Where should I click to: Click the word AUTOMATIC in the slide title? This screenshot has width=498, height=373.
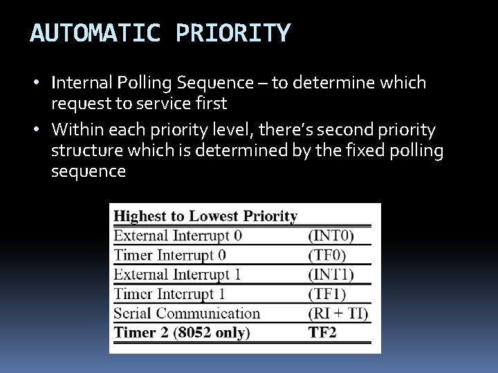pyautogui.click(x=94, y=32)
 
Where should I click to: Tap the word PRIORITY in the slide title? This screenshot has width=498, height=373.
pyautogui.click(x=234, y=32)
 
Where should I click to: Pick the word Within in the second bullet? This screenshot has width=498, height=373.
pyautogui.click(x=75, y=128)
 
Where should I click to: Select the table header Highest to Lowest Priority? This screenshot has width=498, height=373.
pyautogui.click(x=205, y=216)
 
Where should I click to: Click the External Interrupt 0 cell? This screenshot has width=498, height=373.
pyautogui.click(x=178, y=236)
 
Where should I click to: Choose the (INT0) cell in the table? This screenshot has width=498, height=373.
pyautogui.click(x=331, y=236)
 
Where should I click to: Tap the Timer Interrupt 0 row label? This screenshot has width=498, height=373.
pyautogui.click(x=169, y=255)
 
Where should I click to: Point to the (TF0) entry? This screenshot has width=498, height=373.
pyautogui.click(x=327, y=255)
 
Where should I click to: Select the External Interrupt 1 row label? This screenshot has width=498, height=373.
pyautogui.click(x=178, y=274)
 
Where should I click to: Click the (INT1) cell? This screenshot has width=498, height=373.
pyautogui.click(x=331, y=274)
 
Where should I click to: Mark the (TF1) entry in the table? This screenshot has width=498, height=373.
pyautogui.click(x=327, y=294)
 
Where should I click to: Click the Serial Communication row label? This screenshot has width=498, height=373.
pyautogui.click(x=187, y=313)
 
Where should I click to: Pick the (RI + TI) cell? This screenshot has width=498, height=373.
pyautogui.click(x=338, y=313)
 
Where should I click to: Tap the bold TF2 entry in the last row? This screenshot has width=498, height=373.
pyautogui.click(x=322, y=332)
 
